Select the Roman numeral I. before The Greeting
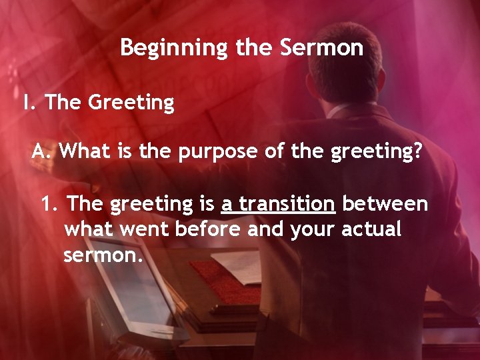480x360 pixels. [29, 103]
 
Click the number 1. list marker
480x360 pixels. [51, 203]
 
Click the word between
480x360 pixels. [385, 203]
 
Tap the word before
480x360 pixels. [208, 229]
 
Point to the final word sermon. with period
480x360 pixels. [103, 255]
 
